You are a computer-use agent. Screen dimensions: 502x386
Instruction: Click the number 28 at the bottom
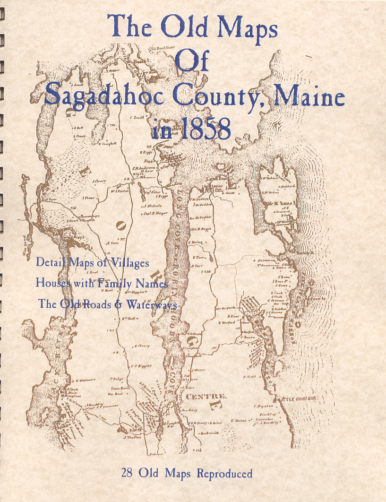128,474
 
